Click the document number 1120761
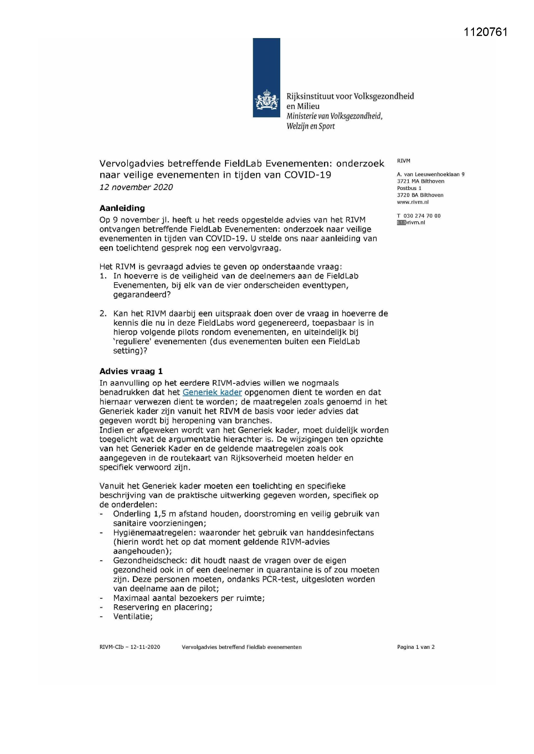click(485, 32)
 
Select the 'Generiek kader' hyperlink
click(212, 392)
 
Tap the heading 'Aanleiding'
click(122, 208)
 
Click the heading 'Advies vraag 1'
click(131, 371)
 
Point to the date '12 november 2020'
click(136, 187)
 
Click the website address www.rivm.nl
click(413, 202)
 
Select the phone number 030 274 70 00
click(422, 216)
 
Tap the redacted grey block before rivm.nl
click(401, 223)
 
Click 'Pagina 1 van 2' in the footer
click(416, 647)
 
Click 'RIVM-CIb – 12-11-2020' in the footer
click(129, 647)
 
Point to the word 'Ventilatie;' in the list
click(133, 616)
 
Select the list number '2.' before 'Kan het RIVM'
click(103, 313)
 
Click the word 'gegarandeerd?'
click(142, 294)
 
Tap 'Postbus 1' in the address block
click(409, 188)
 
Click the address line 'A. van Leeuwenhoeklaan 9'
click(430, 174)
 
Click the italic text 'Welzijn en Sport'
click(310, 126)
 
